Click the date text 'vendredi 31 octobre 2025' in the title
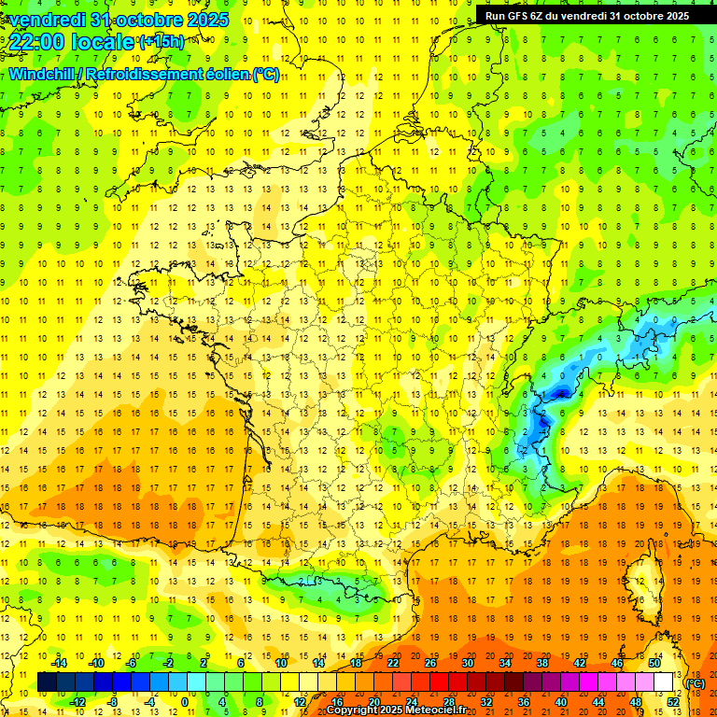click(x=116, y=20)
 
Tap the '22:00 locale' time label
click(x=71, y=42)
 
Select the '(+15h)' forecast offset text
click(x=162, y=42)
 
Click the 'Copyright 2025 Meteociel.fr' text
click(x=396, y=710)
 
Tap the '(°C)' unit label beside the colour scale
click(x=695, y=682)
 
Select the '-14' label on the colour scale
click(x=61, y=663)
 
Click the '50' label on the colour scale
click(x=654, y=663)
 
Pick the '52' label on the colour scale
click(x=673, y=701)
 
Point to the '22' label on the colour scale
click(x=393, y=663)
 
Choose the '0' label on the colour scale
click(x=184, y=701)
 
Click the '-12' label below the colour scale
click(x=78, y=701)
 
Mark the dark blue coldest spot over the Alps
click(x=560, y=393)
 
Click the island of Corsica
click(x=638, y=574)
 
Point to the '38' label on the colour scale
click(x=542, y=663)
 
